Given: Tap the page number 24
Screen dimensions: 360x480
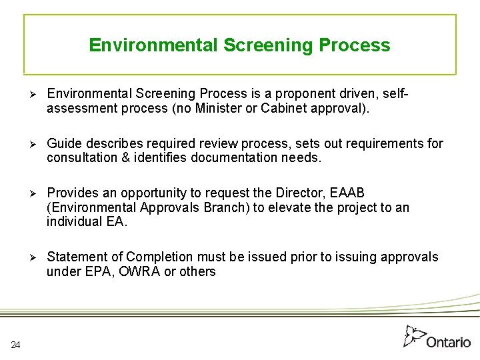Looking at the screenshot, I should [x=16, y=344].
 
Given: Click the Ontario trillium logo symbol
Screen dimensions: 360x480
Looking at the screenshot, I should [x=414, y=336].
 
